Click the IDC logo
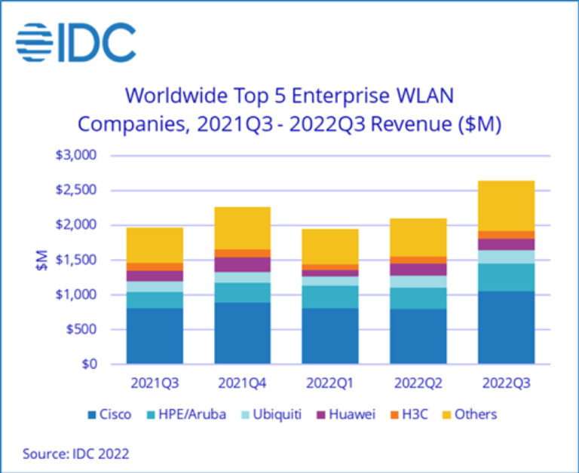(76, 42)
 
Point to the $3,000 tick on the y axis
(79, 156)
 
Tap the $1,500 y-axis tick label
(79, 260)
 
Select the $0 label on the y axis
(91, 364)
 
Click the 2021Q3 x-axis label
(155, 383)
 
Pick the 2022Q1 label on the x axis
(329, 383)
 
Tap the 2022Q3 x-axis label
(505, 383)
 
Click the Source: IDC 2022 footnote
(75, 453)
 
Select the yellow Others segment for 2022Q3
(506, 206)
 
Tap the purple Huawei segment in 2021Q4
(242, 264)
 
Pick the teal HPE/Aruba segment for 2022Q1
(329, 297)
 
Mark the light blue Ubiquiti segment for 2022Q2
(418, 282)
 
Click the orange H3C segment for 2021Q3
(155, 267)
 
